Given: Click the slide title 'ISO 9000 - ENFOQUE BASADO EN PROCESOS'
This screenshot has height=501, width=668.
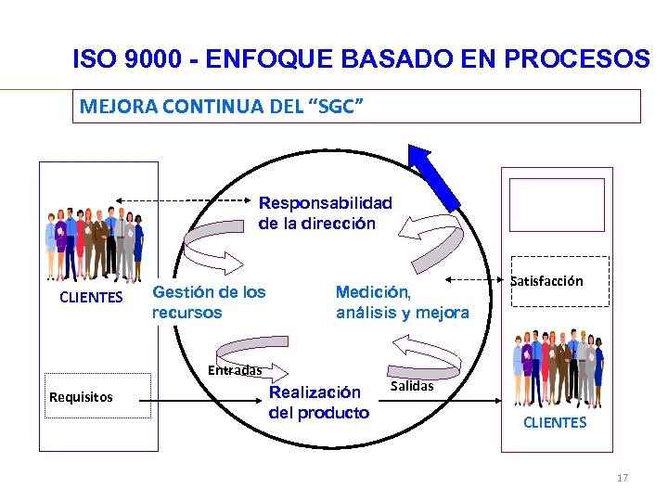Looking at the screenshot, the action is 361,59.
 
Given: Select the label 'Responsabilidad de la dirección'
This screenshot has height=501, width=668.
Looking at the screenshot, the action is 325,212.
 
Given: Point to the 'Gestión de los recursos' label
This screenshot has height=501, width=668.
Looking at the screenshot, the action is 209,302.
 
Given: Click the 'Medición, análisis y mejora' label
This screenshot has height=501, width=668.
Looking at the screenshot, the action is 402,302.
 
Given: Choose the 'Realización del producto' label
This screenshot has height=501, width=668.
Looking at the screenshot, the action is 318,403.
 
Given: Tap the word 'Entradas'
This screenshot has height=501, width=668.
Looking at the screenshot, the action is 235,370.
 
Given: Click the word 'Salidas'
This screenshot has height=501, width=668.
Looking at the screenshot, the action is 412,386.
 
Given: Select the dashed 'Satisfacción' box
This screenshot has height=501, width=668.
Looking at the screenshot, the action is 559,280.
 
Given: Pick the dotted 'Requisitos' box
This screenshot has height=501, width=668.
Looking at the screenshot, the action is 97,396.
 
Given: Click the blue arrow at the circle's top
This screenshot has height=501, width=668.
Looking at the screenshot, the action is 434,177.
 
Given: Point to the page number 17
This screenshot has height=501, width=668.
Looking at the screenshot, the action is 622,478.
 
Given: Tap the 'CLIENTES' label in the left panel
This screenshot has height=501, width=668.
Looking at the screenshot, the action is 91,298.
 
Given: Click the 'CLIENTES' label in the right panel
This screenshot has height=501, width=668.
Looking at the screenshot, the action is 555,422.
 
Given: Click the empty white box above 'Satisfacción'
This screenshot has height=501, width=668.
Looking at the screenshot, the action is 558,204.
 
